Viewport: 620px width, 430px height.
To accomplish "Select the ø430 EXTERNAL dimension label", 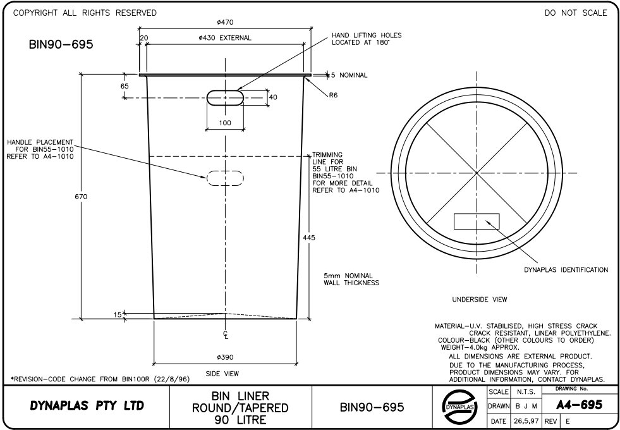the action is point(225,38).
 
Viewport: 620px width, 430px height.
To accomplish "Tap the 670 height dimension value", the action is point(81,197).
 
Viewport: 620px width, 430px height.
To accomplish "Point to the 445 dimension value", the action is point(309,238).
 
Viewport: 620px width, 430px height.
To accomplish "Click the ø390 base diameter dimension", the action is point(226,357).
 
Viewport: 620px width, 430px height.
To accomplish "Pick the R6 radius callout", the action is point(333,95).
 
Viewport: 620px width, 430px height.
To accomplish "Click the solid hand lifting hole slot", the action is point(225,98).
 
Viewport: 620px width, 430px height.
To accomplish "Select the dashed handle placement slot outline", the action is point(225,178).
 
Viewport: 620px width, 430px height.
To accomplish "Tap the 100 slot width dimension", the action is point(225,123).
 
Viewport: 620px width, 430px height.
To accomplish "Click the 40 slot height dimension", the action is point(273,97).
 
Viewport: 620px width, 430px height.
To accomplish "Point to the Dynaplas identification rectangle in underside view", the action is point(477,221).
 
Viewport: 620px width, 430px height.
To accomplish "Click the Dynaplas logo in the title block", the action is point(459,407).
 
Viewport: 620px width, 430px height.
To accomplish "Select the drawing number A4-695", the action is point(580,405).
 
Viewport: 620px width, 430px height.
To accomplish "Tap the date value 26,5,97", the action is point(526,421).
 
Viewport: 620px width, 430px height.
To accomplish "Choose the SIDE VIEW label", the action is point(222,374).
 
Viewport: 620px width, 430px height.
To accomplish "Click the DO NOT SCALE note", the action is point(576,13).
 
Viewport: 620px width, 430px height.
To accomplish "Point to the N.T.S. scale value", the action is point(526,392).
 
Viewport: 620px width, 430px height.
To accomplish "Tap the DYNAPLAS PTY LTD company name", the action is point(87,406).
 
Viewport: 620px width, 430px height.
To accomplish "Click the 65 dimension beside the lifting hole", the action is point(125,86).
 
